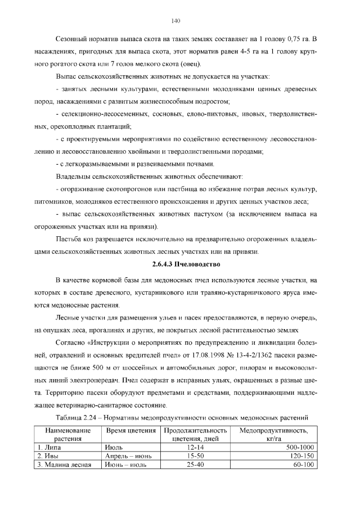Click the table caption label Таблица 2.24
click(85, 417)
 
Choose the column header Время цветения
click(131, 430)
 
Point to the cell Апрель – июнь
click(127, 456)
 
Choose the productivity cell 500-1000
click(299, 447)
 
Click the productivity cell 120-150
click(303, 456)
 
